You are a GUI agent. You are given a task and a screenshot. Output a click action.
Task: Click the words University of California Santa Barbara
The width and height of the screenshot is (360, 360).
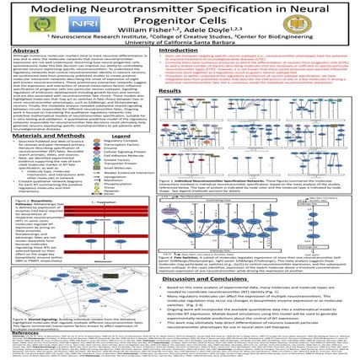coord(180,40)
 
